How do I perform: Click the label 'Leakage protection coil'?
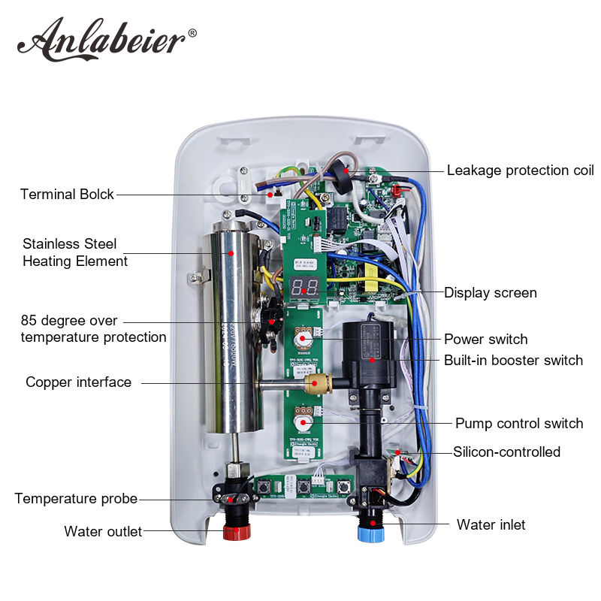[x=520, y=170]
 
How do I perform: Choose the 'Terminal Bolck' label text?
[x=67, y=194]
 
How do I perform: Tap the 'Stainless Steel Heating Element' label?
[x=75, y=252]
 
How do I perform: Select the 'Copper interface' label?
[x=78, y=382]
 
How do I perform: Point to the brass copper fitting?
[x=313, y=385]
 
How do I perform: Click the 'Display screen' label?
[x=490, y=292]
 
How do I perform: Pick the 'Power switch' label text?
[x=485, y=339]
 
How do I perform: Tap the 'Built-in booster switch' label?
[x=513, y=360]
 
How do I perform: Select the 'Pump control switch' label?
[x=519, y=423]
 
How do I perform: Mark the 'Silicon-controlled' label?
[x=506, y=452]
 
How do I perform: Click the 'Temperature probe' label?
[x=76, y=498]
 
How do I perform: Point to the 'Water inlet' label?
[x=491, y=524]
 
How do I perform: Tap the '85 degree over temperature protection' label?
[x=93, y=329]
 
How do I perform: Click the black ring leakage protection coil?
[x=346, y=172]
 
